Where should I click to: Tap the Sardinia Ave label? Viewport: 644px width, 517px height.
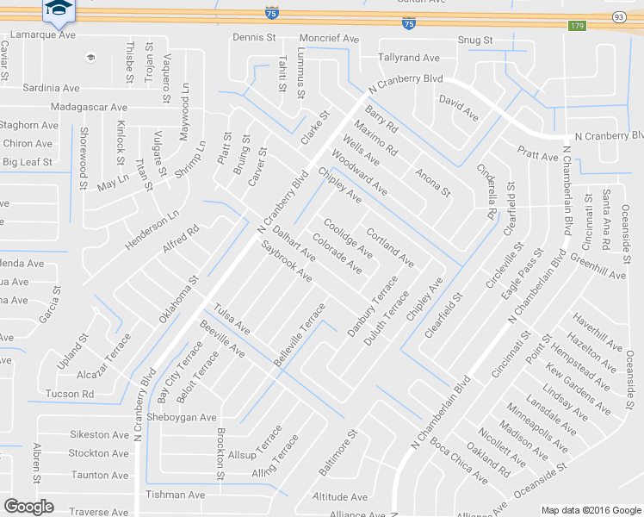51,88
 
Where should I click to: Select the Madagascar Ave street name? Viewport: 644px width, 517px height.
89,107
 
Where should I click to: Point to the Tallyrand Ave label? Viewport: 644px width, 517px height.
409,58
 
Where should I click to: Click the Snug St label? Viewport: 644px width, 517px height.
474,40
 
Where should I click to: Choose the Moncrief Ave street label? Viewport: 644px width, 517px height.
329,39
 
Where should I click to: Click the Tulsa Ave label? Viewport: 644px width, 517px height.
232,319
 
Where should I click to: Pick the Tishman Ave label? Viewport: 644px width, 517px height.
176,495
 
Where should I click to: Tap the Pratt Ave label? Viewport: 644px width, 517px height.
538,156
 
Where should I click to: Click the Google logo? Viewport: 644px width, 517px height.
28,507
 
